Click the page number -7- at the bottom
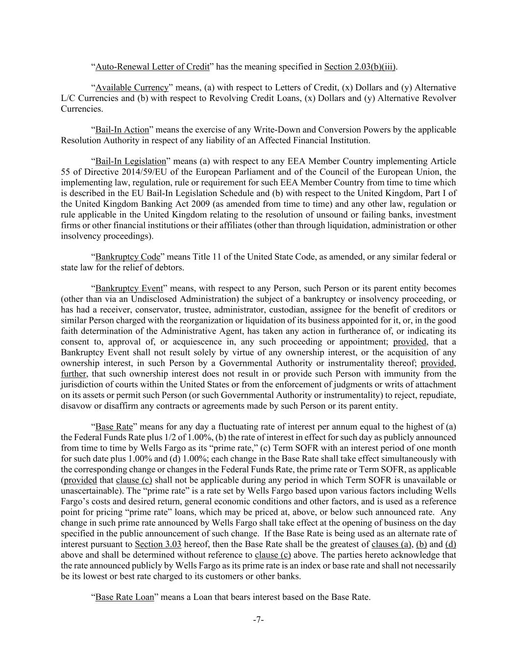258,620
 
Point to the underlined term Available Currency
132,88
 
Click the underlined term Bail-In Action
122,130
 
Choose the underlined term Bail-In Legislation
131,161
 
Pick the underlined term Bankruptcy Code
128,257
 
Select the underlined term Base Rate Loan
124,597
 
